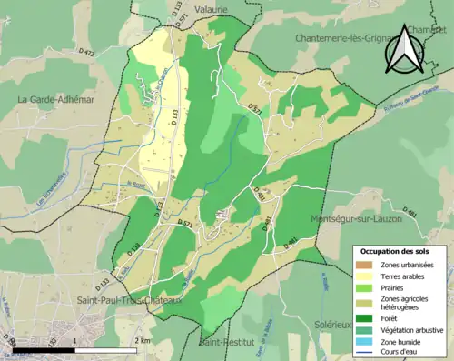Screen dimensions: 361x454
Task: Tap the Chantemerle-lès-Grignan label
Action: click(x=343, y=38)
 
